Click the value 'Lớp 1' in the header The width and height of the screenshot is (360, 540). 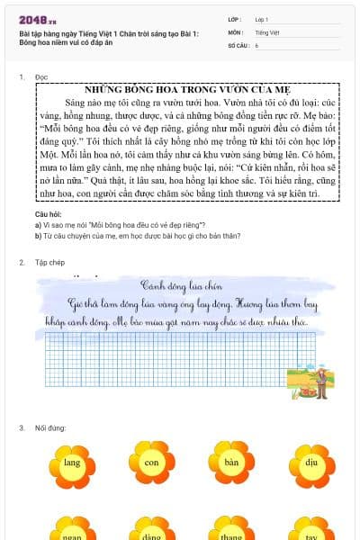[262, 18]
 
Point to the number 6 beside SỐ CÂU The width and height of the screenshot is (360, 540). [256, 44]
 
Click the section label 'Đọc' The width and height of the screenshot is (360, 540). [40, 77]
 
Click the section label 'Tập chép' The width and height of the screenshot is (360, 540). [46, 263]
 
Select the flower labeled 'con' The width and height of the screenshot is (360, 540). [152, 463]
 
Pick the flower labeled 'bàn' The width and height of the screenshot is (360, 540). [231, 463]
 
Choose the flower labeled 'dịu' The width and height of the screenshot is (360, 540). [310, 463]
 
